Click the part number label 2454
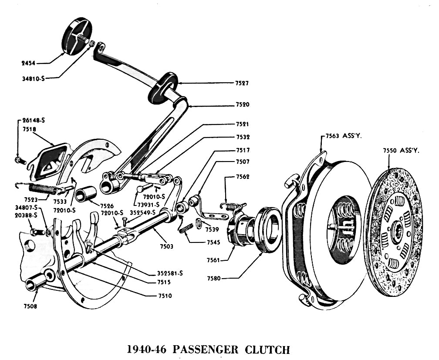[28, 63]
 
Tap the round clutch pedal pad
[78, 36]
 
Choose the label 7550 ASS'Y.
[401, 150]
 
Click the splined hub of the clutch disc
[398, 232]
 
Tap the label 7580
[214, 277]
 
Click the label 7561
[214, 260]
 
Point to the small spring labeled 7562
[232, 202]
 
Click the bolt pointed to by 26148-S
[19, 161]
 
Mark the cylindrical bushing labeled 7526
[85, 194]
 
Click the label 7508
[30, 306]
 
